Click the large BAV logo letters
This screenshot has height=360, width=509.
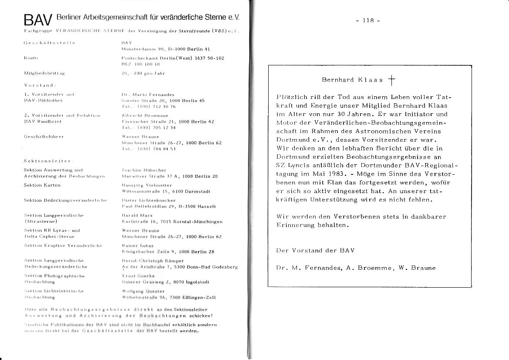coord(38,20)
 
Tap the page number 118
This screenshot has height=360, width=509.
coord(368,20)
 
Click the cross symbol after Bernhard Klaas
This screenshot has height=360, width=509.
coord(391,79)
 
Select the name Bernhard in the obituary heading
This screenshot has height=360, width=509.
coord(337,80)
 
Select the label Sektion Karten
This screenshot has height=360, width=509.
coord(42,185)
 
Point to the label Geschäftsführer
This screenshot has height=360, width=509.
coord(44,136)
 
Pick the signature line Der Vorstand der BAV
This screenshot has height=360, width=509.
coord(315,251)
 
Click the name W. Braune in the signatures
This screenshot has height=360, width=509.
coord(417,268)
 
